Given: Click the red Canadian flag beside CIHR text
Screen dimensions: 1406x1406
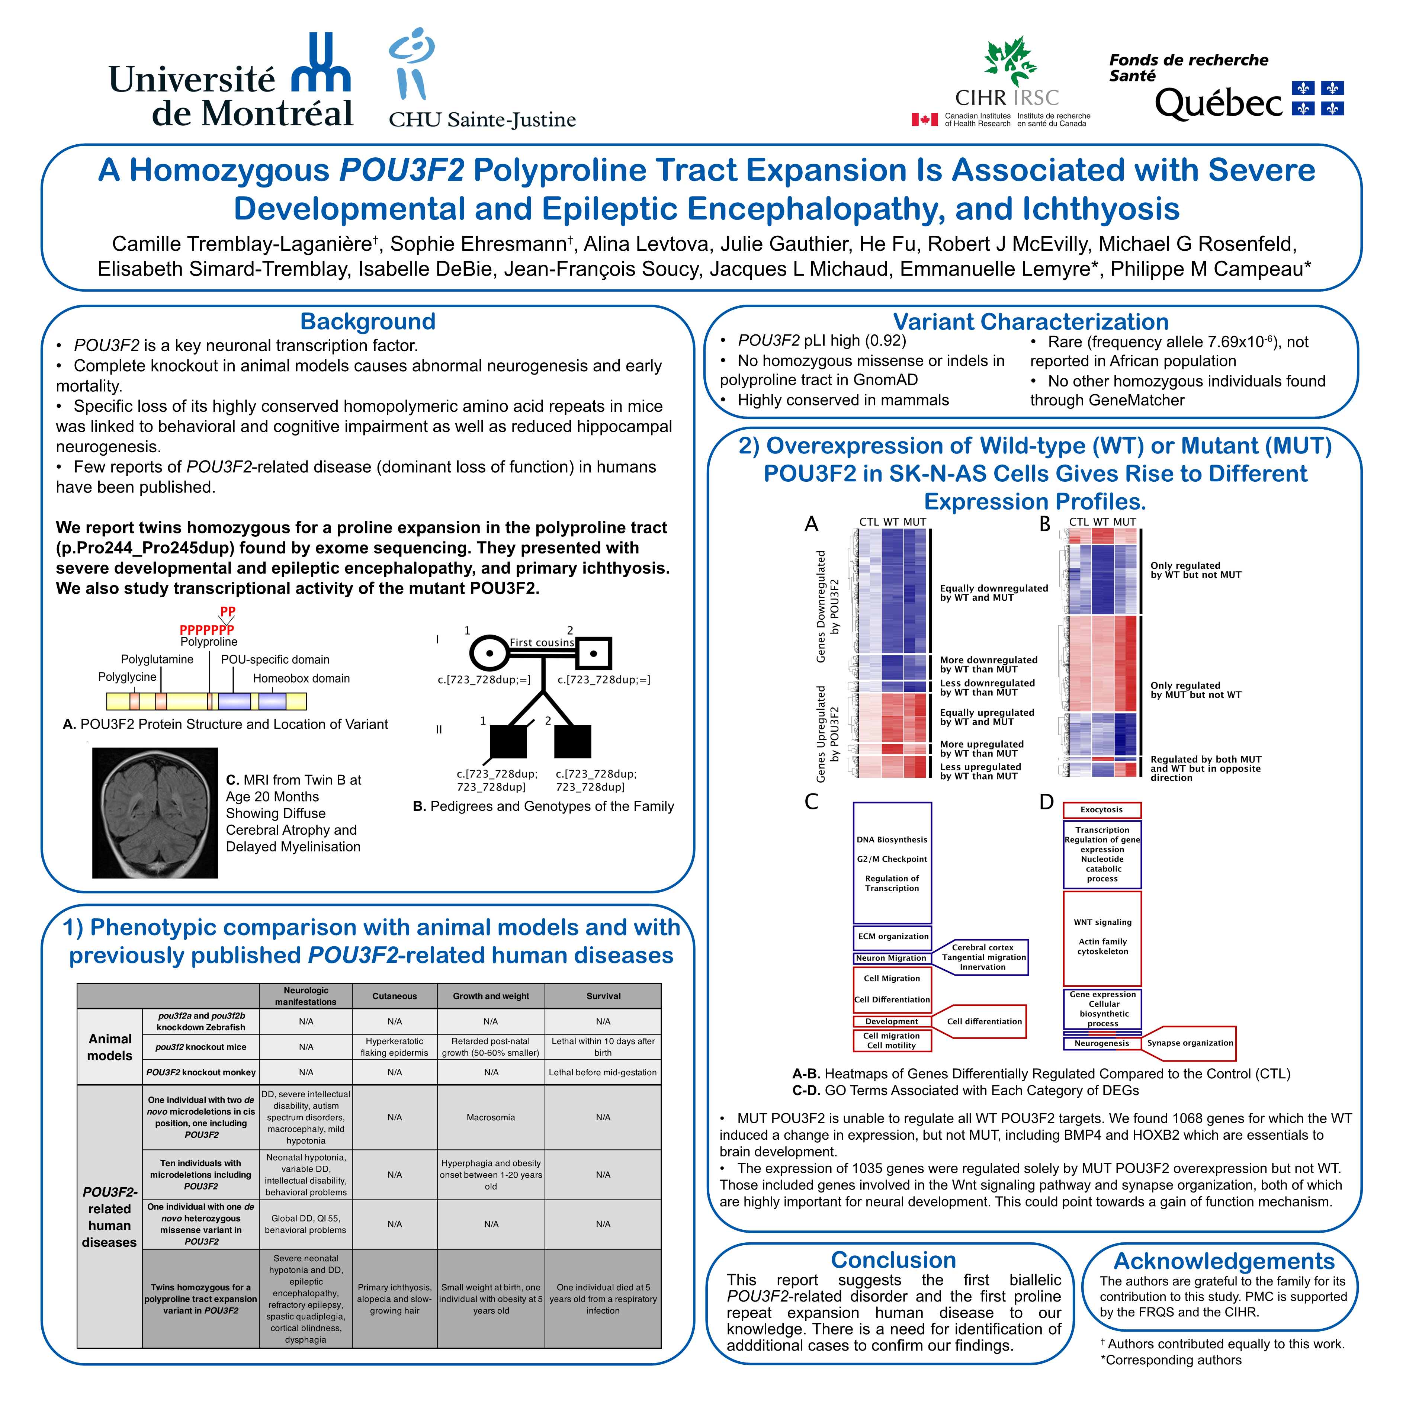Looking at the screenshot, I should [x=924, y=119].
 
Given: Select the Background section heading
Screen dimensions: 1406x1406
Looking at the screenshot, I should [x=367, y=322].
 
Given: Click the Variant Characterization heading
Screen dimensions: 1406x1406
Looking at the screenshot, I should [x=1030, y=322].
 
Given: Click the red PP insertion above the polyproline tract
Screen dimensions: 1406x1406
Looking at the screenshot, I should [x=228, y=611].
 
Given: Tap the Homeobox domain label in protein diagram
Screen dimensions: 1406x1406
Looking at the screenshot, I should [x=301, y=678].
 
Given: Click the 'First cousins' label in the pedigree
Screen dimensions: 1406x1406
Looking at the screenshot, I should [x=542, y=643].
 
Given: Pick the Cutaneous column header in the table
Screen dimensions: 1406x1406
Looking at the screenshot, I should [x=394, y=996].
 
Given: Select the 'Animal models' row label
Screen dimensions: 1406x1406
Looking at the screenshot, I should [x=110, y=1047].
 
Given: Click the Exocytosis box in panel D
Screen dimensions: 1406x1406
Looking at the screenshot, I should [x=1102, y=810].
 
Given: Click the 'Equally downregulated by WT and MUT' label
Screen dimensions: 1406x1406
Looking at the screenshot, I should [x=993, y=593].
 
